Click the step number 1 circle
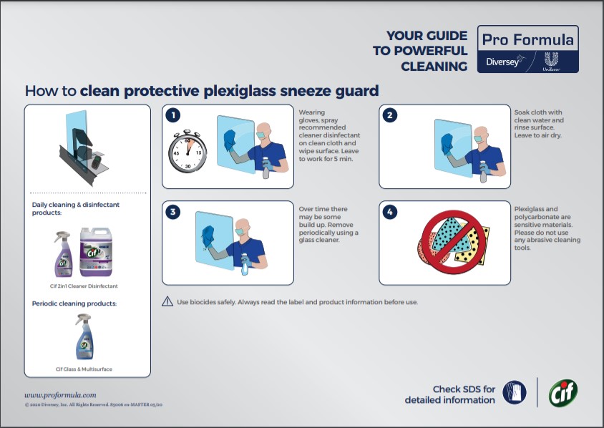pyautogui.click(x=172, y=115)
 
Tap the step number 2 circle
pyautogui.click(x=389, y=115)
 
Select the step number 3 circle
pyautogui.click(x=172, y=212)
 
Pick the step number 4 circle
pyautogui.click(x=389, y=212)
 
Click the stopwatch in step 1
pyautogui.click(x=187, y=152)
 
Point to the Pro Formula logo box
pyautogui.click(x=527, y=49)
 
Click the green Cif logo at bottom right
pyautogui.click(x=562, y=392)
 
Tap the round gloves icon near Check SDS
pyautogui.click(x=514, y=393)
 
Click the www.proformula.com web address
pyautogui.click(x=60, y=394)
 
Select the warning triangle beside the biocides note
pyautogui.click(x=167, y=301)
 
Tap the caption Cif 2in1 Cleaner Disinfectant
pyautogui.click(x=87, y=286)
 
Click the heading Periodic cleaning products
pyautogui.click(x=74, y=303)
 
